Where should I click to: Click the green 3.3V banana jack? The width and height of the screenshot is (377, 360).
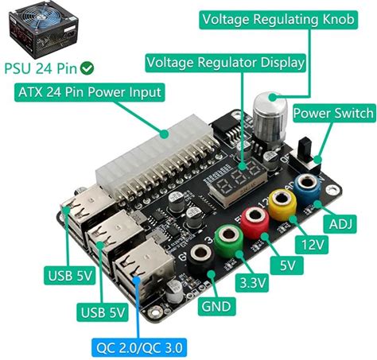point(228,240)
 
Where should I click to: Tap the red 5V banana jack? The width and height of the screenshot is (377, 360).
point(255,222)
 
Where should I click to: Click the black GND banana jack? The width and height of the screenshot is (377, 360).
point(201,259)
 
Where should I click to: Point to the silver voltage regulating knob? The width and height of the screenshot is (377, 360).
point(270,118)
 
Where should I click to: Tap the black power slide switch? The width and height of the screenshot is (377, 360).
point(305,154)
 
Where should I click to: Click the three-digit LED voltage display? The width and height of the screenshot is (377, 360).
point(237,180)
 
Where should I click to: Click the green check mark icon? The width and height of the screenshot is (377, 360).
point(87,68)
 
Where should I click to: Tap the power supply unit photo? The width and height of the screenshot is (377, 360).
point(44,30)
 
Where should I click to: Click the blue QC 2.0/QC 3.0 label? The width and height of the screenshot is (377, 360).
point(139,347)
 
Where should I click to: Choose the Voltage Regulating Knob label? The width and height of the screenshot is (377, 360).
point(278,20)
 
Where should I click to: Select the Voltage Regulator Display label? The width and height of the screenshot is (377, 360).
point(226,63)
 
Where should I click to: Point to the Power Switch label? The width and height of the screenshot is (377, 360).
point(334,114)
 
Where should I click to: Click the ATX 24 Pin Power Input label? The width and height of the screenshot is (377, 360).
point(90,92)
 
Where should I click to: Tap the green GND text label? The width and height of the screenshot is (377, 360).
point(216,307)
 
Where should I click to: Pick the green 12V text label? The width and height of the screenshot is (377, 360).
point(312,245)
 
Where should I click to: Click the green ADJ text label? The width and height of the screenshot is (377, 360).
point(340,224)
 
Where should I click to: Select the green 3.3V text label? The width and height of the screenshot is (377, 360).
point(252,284)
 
